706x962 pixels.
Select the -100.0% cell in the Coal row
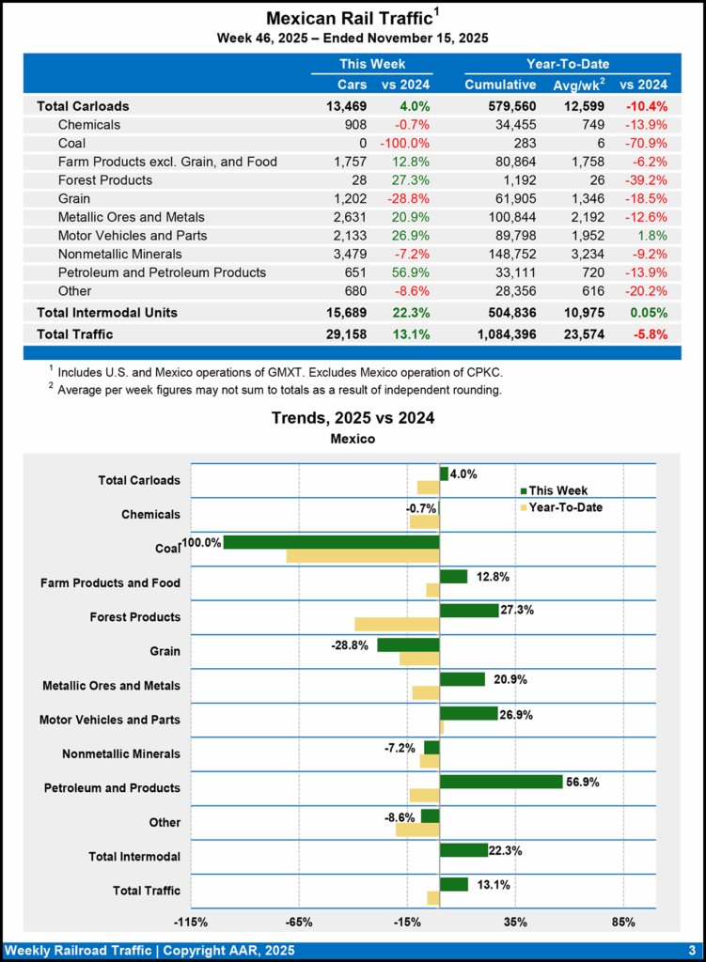(x=404, y=143)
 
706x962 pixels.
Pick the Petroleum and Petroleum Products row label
(x=162, y=272)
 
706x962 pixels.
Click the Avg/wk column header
(x=577, y=85)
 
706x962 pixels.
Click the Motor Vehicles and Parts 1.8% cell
(x=652, y=235)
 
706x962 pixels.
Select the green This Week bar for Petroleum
(x=500, y=782)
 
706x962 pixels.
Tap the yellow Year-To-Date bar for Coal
(x=362, y=556)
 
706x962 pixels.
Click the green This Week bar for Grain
(x=408, y=644)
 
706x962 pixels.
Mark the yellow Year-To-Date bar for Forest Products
(x=397, y=625)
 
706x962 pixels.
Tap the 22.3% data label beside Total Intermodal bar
(x=505, y=850)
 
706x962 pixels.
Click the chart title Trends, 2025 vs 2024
(x=353, y=418)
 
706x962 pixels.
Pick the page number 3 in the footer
(x=691, y=949)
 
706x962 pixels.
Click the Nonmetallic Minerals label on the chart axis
(x=121, y=754)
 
